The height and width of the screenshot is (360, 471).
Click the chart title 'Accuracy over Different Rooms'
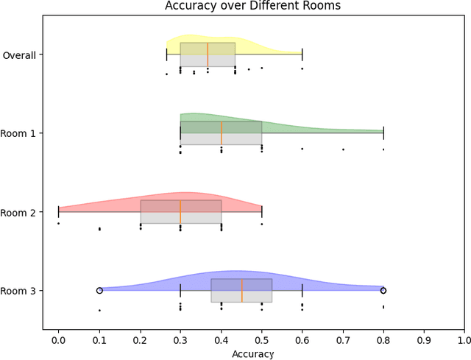(x=253, y=7)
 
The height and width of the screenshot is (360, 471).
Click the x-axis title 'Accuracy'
(x=253, y=354)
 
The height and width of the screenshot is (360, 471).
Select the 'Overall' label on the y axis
(x=21, y=54)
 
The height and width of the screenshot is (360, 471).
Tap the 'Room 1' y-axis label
(x=21, y=133)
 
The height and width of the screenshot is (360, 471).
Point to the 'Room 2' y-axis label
(x=21, y=212)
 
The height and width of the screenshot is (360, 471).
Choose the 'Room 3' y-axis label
(x=21, y=291)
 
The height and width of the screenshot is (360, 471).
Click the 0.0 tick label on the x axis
(x=59, y=341)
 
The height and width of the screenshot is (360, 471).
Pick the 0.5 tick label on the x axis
(x=261, y=341)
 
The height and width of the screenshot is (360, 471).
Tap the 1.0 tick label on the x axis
(x=464, y=341)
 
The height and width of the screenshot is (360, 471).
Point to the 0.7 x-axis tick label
(x=342, y=341)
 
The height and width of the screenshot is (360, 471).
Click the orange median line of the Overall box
(x=208, y=54)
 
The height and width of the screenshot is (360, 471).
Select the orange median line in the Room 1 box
(x=221, y=133)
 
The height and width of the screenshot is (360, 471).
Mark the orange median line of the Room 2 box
(x=180, y=212)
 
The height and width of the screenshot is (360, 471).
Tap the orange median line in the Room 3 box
(x=241, y=291)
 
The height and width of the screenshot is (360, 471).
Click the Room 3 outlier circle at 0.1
(x=99, y=291)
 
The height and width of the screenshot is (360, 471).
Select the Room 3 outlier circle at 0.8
(x=383, y=291)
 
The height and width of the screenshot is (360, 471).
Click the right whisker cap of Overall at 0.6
(x=302, y=54)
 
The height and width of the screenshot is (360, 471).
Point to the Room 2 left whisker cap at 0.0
(x=59, y=212)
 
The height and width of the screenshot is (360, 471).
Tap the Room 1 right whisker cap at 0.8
(x=383, y=133)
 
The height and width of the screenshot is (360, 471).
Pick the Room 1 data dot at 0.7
(x=342, y=149)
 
